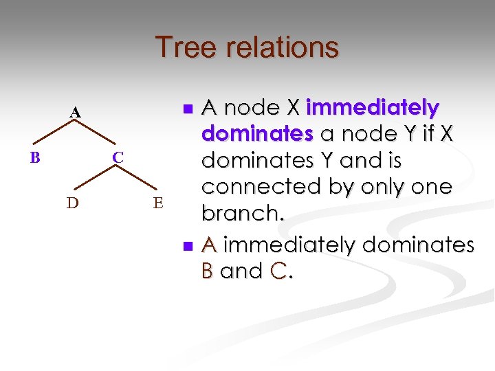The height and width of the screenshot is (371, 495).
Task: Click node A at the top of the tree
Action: click(75, 112)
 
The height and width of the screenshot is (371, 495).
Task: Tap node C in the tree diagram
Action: click(118, 158)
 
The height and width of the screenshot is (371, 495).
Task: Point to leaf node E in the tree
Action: click(158, 203)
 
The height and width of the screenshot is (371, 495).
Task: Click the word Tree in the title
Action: click(181, 47)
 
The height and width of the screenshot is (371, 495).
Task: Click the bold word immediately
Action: click(373, 108)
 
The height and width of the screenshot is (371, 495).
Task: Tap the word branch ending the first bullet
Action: click(241, 213)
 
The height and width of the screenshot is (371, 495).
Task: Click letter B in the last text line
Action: click(208, 271)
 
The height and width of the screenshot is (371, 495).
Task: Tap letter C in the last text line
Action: click(278, 271)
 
